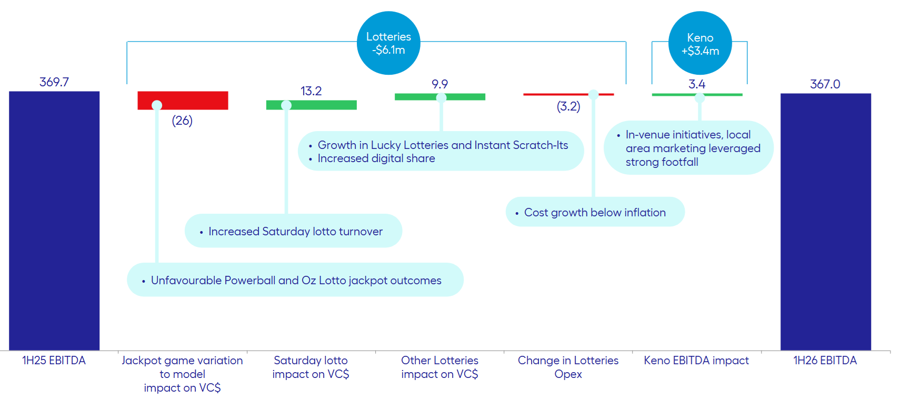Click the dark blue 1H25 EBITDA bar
(x=54, y=221)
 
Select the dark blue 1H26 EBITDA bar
(x=825, y=221)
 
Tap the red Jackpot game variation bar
(x=195, y=100)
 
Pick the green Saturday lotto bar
(x=321, y=105)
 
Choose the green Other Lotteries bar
(x=463, y=97)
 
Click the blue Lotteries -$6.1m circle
(x=388, y=43)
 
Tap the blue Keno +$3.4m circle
(x=700, y=44)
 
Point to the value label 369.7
(x=54, y=82)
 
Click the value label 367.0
(x=825, y=84)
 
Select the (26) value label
(x=182, y=121)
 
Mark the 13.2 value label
(x=311, y=91)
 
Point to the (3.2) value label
(x=568, y=106)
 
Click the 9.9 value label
(x=439, y=84)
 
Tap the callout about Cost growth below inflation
(x=595, y=212)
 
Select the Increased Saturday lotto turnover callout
(x=294, y=231)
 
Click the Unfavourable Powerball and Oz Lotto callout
(x=295, y=280)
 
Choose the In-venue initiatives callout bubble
(x=688, y=148)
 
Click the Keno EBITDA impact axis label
(x=696, y=361)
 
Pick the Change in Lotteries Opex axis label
(x=568, y=367)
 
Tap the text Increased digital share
(x=376, y=158)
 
